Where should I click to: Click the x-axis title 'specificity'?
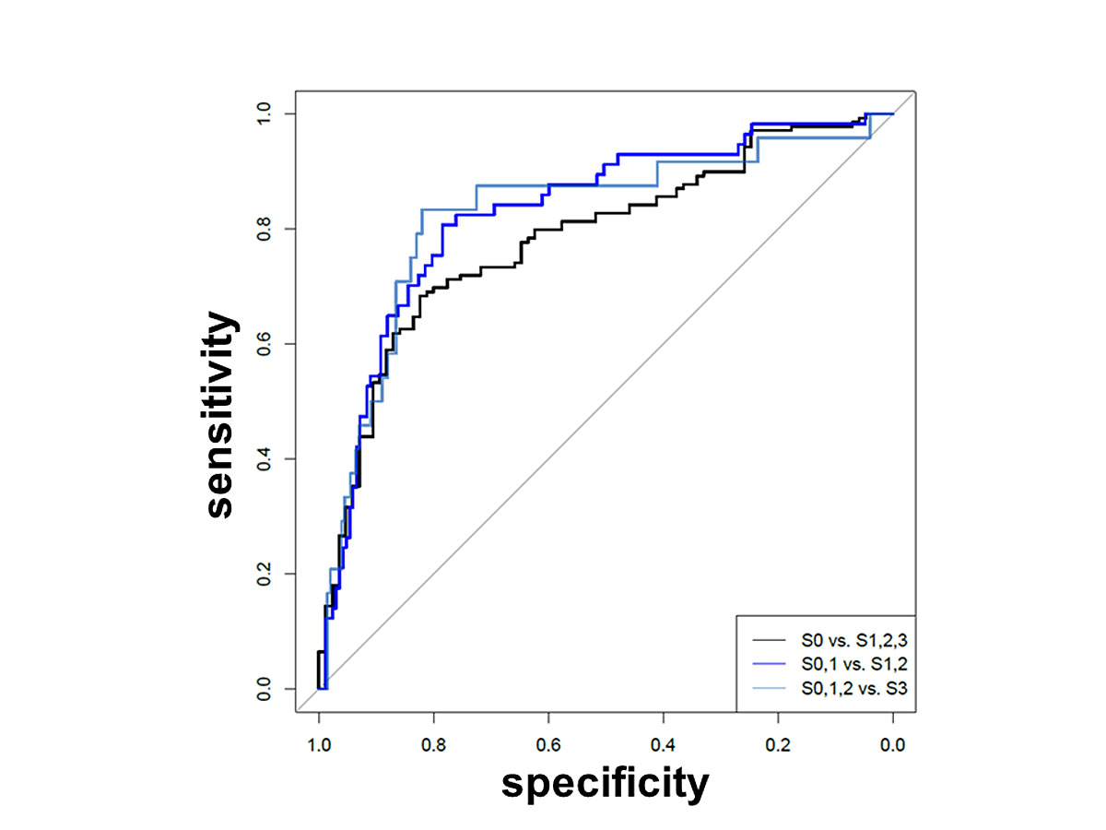click(606, 783)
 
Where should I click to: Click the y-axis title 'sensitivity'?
click(221, 414)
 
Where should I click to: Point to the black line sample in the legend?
click(768, 639)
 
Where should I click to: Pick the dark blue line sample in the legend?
click(768, 663)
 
